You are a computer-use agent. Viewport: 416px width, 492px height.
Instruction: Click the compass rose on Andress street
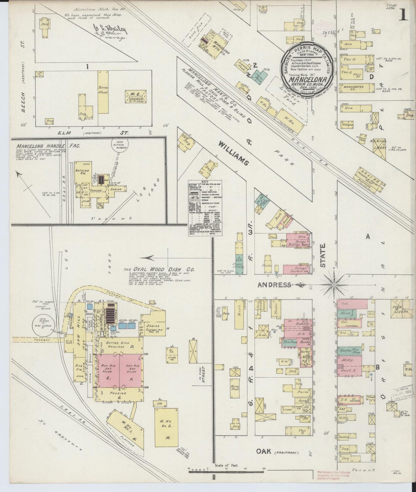[334, 285]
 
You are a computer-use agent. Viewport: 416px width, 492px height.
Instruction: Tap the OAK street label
[264, 451]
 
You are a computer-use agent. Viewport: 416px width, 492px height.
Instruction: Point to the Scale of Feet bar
[226, 471]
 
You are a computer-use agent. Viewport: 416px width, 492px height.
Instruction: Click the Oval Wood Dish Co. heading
[159, 270]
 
